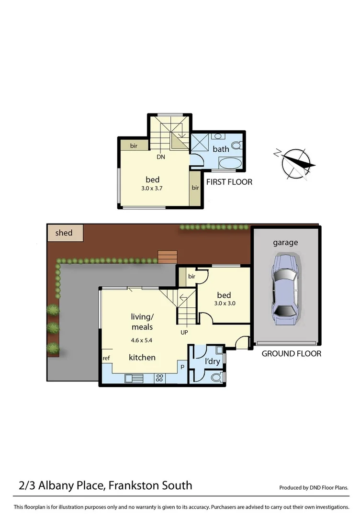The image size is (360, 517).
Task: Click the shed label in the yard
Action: pos(64,233)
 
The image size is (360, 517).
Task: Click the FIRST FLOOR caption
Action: pos(229,182)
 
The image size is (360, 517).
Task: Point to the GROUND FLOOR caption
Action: pos(291,354)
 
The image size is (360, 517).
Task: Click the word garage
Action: pos(285,243)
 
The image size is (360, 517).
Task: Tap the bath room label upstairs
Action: pos(221,149)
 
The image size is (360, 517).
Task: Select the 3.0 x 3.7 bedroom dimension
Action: pos(152,189)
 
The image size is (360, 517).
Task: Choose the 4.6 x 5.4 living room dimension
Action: pos(142,341)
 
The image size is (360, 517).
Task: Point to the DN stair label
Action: pos(161,156)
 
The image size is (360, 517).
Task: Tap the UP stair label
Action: pos(184,332)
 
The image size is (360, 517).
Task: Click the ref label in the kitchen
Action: pos(106,358)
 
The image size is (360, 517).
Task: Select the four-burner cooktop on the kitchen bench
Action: pos(160,378)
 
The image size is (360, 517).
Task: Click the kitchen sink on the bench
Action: pos(135,379)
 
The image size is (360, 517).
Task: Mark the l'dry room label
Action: pos(212,361)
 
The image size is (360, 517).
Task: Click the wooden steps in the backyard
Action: pos(167,257)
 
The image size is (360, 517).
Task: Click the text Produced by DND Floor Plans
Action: pos(314,488)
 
